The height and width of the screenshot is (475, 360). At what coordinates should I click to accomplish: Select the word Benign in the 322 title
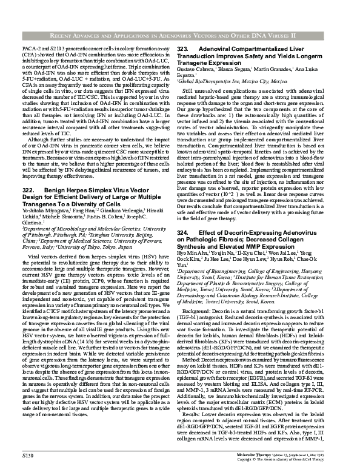[x=55, y=190]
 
